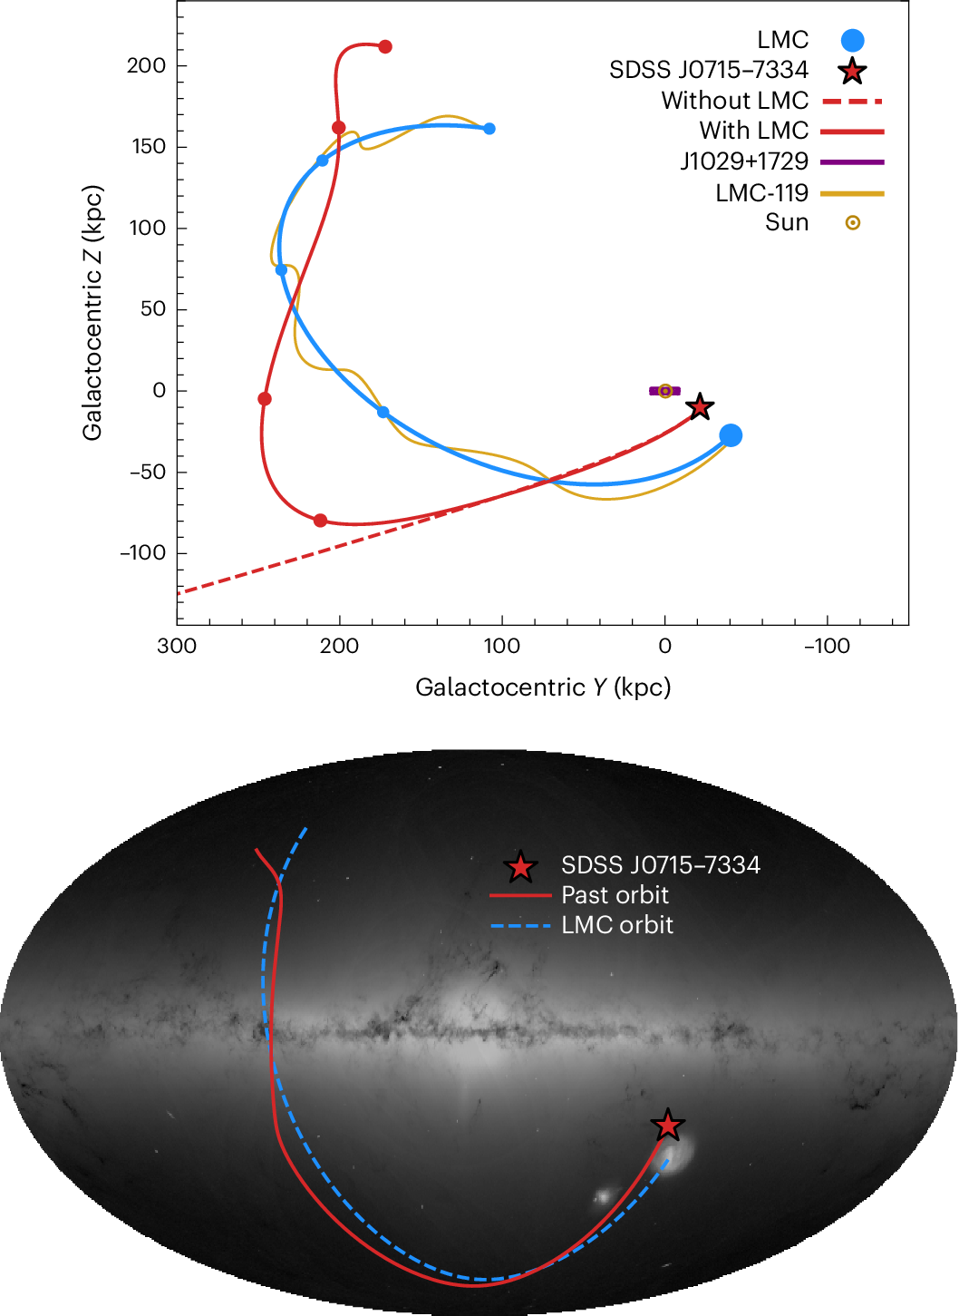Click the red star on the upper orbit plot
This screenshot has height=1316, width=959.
point(699,406)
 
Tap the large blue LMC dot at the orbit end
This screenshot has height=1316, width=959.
point(731,435)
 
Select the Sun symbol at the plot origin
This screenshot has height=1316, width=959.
point(665,391)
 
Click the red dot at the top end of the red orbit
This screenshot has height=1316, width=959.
point(385,46)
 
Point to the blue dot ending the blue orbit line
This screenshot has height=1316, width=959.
point(489,129)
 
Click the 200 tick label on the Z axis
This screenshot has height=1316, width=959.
point(147,65)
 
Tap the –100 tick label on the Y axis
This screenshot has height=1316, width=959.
point(827,647)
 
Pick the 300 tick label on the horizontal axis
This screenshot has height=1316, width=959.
point(177,647)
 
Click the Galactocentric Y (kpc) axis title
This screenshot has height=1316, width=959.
point(543,687)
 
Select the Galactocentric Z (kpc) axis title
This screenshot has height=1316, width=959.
point(92,313)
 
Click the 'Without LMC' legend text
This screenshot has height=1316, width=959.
point(734,101)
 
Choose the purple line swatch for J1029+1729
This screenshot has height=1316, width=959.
point(852,161)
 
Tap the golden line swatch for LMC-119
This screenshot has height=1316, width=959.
point(852,193)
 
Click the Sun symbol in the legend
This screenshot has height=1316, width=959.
point(852,222)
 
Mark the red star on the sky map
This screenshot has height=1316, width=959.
point(668,1126)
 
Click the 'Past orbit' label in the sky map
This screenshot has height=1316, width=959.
point(615,895)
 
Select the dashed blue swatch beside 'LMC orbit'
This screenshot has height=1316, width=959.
point(520,926)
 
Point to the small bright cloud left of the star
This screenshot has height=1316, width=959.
point(603,1197)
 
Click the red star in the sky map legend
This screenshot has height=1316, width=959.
point(520,867)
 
